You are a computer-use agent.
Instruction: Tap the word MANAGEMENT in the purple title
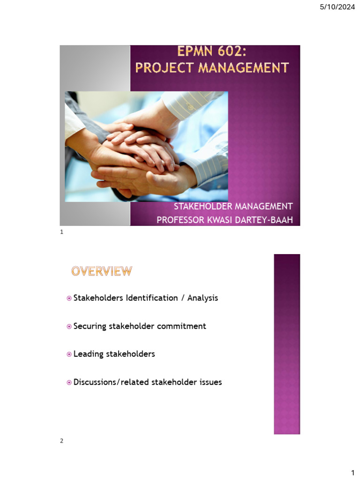point(243,67)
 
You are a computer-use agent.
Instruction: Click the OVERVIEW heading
point(102,271)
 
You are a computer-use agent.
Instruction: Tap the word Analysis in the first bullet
point(202,298)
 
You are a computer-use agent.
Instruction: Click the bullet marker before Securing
point(69,326)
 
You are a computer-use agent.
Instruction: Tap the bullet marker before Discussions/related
point(69,382)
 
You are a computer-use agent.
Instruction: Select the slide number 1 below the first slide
point(61,232)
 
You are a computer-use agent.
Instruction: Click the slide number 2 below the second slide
point(61,441)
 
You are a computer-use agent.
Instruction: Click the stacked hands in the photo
point(141,150)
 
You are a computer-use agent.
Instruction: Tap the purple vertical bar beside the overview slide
point(286,345)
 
